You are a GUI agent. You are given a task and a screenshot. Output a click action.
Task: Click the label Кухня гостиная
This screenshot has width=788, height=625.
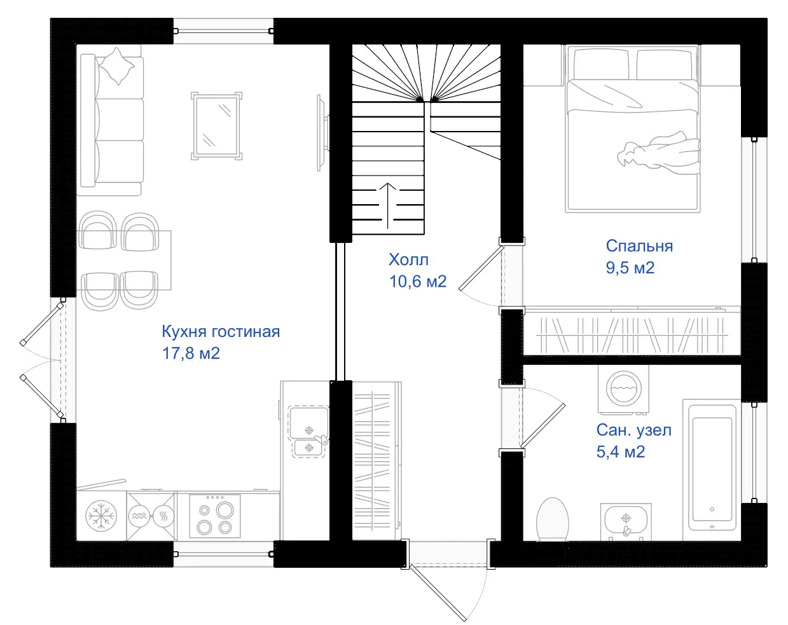[221, 331]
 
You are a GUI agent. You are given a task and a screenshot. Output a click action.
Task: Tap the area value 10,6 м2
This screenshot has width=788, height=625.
[418, 282]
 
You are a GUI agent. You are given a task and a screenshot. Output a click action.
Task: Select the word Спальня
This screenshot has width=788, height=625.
[639, 245]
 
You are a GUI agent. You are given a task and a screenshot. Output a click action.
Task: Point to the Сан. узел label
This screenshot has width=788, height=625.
[634, 430]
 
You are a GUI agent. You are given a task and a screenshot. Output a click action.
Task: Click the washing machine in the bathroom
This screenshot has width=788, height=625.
[623, 390]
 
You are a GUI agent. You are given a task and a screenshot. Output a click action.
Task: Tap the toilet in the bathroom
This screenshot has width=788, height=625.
[553, 520]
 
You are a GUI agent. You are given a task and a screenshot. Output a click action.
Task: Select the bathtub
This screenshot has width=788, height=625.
[712, 470]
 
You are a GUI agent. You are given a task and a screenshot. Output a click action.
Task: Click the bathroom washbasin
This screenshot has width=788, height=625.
[626, 521]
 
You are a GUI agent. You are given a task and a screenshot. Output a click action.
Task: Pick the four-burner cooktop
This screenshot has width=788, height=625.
[215, 516]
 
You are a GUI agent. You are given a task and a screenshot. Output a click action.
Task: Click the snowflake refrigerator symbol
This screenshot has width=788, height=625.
[101, 516]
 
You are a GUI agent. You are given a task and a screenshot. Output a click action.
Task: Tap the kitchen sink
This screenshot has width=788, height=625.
[308, 431]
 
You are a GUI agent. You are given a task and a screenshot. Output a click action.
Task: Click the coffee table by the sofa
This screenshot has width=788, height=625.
[216, 126]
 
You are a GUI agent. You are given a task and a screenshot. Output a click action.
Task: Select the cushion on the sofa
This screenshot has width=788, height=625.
[117, 66]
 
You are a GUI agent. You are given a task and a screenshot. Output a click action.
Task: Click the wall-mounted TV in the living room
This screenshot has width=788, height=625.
[322, 132]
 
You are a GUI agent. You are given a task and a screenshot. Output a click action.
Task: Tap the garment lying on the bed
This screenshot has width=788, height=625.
[658, 151]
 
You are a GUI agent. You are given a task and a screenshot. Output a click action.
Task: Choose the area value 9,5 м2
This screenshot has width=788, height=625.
[630, 268]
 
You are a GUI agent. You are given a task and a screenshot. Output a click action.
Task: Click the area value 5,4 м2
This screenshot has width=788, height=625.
[620, 452]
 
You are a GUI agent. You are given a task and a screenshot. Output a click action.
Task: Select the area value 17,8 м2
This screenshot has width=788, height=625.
[191, 354]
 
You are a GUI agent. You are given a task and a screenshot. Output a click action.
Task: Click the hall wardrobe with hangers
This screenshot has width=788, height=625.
[377, 460]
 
